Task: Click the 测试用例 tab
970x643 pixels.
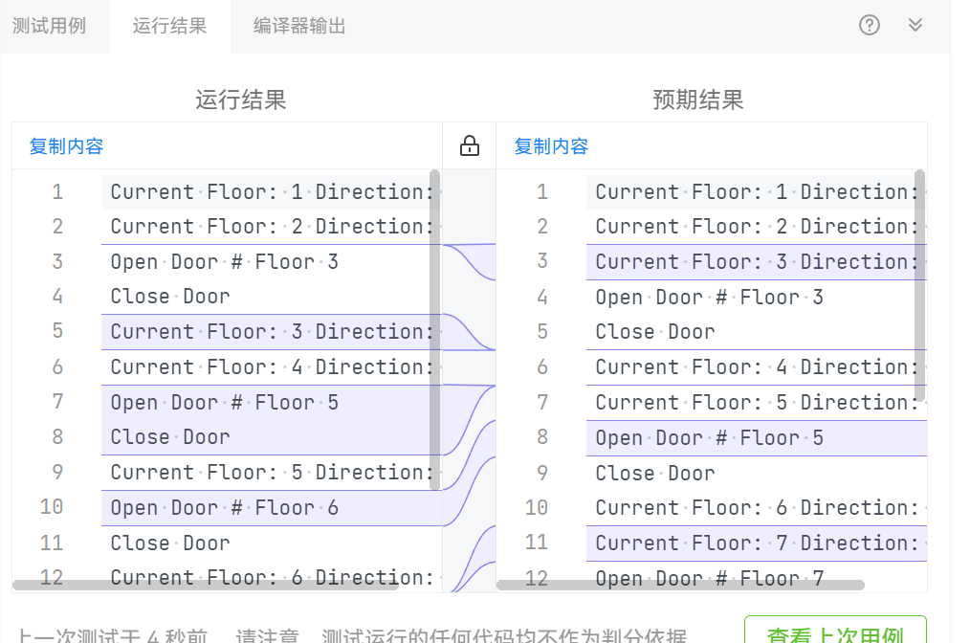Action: pos(49,26)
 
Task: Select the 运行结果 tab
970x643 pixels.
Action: pos(169,26)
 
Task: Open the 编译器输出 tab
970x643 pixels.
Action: pos(299,26)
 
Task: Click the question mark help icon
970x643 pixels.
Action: pos(869,26)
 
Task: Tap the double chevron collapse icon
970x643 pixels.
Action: pos(915,26)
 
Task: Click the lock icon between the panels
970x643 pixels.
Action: pos(469,146)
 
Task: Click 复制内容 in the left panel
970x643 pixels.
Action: pos(66,146)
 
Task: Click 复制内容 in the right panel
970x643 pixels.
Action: pos(551,146)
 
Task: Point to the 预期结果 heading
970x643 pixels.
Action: pos(697,100)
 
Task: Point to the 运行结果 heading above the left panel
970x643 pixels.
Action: pos(240,100)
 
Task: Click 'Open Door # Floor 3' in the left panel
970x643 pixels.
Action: pos(224,261)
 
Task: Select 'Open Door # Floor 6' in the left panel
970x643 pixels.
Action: pos(224,507)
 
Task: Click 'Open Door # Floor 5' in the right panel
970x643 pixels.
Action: pos(709,437)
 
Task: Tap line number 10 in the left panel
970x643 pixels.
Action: pos(52,507)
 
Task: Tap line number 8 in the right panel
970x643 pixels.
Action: pos(542,437)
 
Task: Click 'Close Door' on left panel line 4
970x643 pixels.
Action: pos(170,297)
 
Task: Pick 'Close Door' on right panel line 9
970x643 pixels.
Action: pos(655,473)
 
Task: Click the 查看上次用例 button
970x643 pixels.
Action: pos(835,632)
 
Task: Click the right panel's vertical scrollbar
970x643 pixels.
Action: pos(920,287)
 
